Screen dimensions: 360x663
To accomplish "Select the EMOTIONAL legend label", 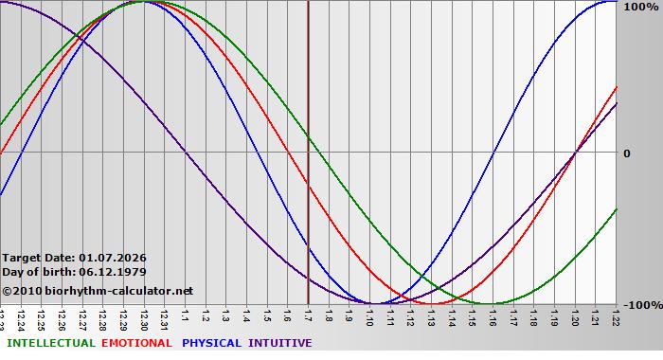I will tap(136, 343).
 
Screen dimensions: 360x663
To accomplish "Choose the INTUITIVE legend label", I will tap(279, 343).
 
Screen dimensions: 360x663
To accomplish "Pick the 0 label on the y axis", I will tap(627, 153).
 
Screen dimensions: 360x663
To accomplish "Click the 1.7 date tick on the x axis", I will tap(309, 315).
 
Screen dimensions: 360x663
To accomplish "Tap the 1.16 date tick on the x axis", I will tap(493, 315).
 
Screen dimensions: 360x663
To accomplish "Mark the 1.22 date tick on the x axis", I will tap(617, 315).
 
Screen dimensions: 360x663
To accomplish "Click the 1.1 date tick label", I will tap(186, 315).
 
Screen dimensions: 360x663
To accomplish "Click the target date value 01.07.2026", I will tap(113, 258).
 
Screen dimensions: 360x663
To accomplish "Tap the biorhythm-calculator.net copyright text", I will tap(98, 291).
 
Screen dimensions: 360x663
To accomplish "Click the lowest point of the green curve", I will tap(493, 303).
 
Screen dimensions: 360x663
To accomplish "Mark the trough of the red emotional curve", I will tap(432, 303).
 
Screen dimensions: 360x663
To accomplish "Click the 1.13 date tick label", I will tap(432, 315).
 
